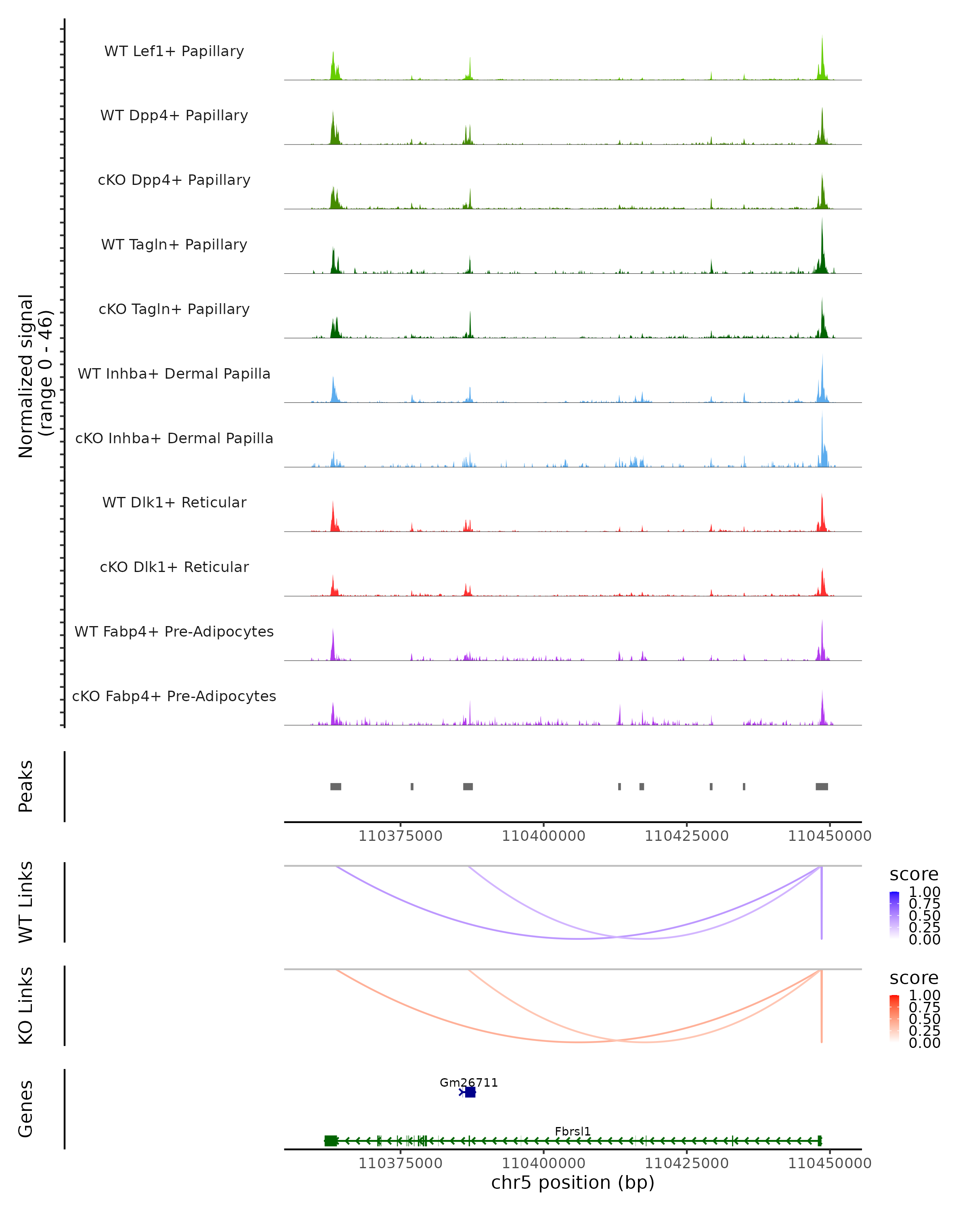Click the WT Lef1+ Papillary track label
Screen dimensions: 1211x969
(x=174, y=51)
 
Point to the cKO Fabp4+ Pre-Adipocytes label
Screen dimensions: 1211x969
(x=174, y=696)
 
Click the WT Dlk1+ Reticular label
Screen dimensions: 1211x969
(x=174, y=502)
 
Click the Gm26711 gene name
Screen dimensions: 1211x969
(x=468, y=1082)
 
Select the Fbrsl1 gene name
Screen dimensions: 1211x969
(x=573, y=1131)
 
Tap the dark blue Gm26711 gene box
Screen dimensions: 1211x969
(x=470, y=1092)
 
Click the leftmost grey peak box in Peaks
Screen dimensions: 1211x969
(x=336, y=786)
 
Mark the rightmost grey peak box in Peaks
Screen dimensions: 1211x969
(x=821, y=786)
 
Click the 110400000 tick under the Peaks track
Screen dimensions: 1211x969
(x=543, y=836)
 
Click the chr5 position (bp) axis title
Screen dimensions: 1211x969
(x=573, y=1182)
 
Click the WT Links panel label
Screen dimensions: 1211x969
(x=26, y=902)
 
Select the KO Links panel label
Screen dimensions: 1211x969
(x=26, y=1006)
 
